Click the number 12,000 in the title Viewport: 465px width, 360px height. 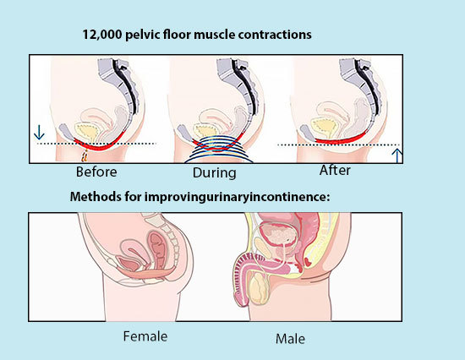point(102,35)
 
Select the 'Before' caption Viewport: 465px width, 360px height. point(96,172)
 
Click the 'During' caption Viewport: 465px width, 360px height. point(215,173)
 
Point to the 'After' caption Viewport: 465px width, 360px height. point(335,171)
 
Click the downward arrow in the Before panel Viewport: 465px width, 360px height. point(39,133)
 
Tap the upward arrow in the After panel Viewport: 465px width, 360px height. point(397,155)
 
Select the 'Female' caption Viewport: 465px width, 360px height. point(145,336)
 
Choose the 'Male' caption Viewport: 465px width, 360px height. point(290,339)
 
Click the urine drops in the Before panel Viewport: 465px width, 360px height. point(85,156)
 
